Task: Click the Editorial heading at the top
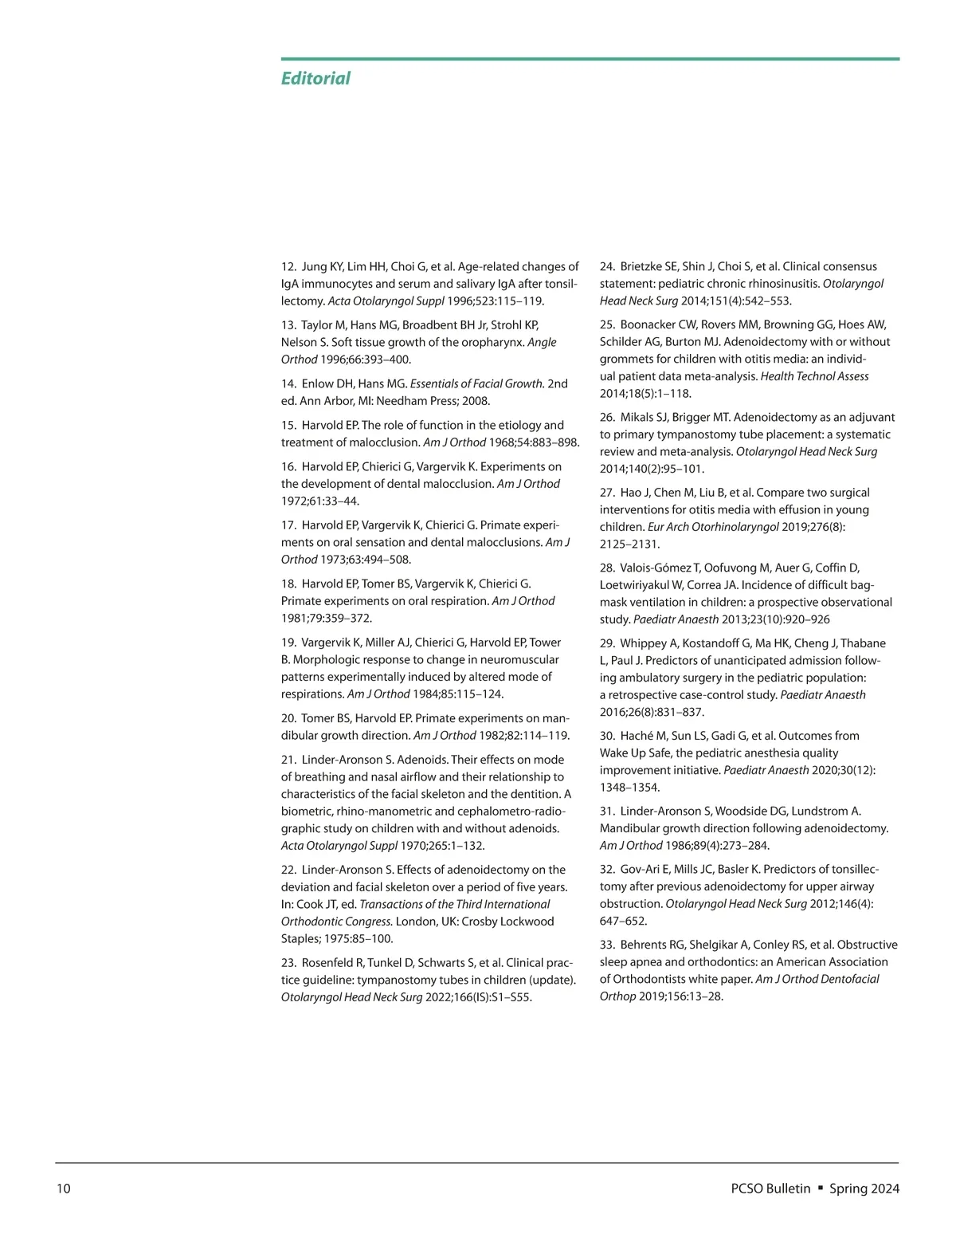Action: [315, 78]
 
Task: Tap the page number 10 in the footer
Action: [64, 1189]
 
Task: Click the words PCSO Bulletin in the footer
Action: [770, 1189]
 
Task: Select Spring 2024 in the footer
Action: [864, 1189]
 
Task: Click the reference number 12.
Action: [288, 266]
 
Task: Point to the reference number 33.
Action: [607, 945]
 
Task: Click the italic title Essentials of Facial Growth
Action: [476, 383]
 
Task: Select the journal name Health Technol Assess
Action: [814, 376]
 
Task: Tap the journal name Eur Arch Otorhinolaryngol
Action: [713, 527]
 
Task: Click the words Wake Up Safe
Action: [637, 753]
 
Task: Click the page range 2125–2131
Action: [629, 544]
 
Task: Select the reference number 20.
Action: [288, 718]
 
